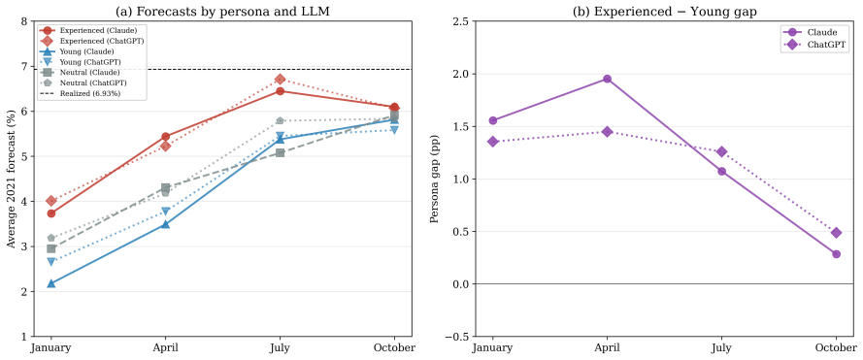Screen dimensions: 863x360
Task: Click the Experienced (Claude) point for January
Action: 51,213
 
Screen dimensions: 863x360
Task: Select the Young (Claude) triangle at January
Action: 51,283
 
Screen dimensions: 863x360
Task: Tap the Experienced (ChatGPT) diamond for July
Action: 281,80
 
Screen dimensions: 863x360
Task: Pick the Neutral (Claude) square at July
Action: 281,152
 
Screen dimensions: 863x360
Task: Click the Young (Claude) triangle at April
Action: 166,224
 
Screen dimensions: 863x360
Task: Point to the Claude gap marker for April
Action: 607,79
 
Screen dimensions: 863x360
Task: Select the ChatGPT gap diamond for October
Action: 836,233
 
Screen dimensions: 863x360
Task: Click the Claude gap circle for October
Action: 836,254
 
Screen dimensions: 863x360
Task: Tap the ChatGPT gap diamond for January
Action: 492,142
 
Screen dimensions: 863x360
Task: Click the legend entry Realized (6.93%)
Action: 82,93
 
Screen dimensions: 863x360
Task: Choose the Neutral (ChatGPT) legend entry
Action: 83,83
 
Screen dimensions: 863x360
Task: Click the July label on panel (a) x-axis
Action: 281,348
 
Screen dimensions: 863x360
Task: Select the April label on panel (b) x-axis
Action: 607,348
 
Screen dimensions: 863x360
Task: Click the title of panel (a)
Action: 223,10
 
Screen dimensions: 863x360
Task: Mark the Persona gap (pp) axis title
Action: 434,179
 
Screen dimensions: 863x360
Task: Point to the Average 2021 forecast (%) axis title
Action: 11,179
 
